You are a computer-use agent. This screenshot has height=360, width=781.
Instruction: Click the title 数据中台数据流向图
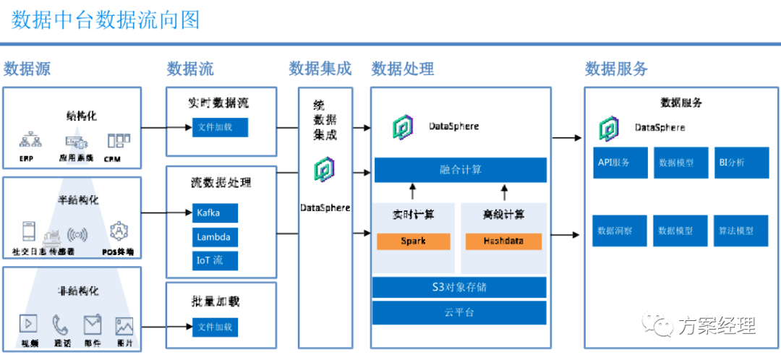[x=106, y=20]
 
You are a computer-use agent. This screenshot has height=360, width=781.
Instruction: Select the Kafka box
[x=214, y=213]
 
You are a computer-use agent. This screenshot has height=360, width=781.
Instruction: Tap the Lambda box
[x=214, y=237]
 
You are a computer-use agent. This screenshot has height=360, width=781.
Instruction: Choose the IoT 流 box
[x=214, y=260]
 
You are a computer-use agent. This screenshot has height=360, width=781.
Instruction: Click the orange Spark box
[x=413, y=241]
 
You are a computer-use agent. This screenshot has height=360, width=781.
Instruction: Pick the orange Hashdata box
[x=503, y=241]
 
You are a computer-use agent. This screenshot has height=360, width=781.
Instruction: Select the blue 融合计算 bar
[x=460, y=170]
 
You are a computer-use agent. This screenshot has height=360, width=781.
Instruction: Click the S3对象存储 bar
[x=459, y=287]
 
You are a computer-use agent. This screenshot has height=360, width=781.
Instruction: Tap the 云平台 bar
[x=459, y=313]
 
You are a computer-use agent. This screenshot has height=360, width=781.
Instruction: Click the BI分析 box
[x=739, y=163]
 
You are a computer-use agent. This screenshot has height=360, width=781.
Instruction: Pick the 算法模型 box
[x=739, y=231]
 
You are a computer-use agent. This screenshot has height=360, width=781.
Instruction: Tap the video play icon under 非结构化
[x=30, y=325]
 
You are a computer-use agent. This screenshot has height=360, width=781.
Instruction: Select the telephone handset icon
[x=61, y=325]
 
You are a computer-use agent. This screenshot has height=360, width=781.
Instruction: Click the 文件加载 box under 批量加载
[x=214, y=327]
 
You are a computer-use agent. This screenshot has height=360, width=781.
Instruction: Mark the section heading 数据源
[x=27, y=69]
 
